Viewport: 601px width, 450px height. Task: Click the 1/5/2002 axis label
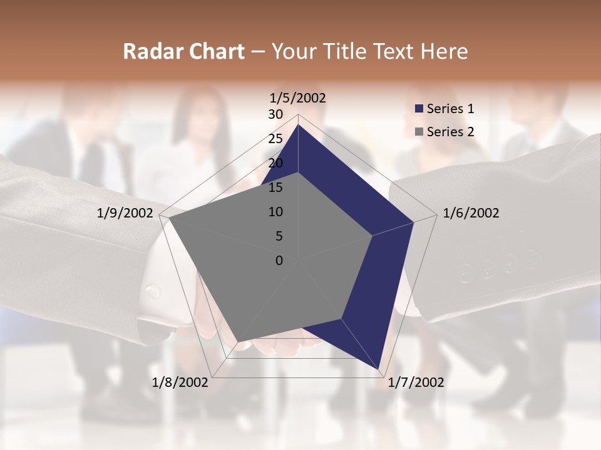(298, 97)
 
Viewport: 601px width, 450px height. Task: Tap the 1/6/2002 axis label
(471, 213)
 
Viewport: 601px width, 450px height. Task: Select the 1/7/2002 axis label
(416, 382)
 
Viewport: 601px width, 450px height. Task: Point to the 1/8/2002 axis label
(180, 382)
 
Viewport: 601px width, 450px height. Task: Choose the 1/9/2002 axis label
(125, 213)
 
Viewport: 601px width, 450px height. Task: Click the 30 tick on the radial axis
(275, 114)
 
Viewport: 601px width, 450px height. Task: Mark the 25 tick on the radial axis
(275, 139)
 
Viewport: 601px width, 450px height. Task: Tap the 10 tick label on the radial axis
(275, 212)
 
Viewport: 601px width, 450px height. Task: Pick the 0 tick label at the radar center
(279, 261)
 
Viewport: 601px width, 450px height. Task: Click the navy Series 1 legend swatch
(419, 109)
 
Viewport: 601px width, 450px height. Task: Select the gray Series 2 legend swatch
(419, 132)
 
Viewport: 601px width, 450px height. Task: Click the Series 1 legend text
(450, 109)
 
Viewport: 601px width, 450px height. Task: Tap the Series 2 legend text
(450, 132)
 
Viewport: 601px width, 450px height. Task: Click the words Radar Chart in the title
(184, 51)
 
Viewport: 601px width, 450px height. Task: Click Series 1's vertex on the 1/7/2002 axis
(379, 369)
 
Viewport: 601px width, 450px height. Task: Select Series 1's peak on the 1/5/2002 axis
(298, 125)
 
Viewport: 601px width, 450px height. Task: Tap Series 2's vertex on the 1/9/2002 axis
(169, 218)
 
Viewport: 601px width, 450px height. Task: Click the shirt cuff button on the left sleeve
(152, 291)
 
